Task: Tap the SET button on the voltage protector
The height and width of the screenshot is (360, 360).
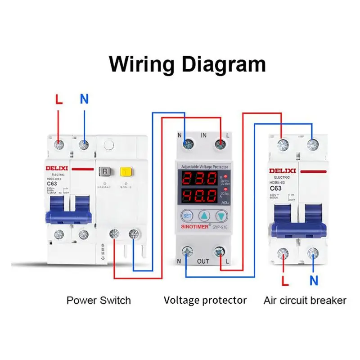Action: coord(186,215)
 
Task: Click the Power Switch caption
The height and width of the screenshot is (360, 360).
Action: coord(99,300)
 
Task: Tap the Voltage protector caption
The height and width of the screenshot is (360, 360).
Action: coord(205,300)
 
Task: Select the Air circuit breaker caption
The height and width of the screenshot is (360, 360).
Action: coord(305,300)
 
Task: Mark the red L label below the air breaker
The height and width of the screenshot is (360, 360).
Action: coord(284,281)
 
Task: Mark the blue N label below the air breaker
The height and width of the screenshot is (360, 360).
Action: coord(314,281)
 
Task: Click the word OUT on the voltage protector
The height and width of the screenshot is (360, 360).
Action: coord(203,261)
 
